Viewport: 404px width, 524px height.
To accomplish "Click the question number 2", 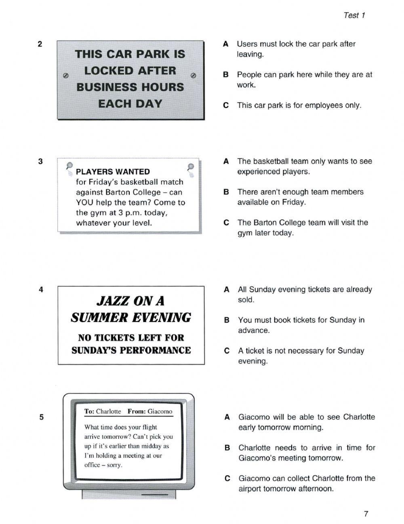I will [40, 44].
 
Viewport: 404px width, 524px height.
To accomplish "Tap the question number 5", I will [41, 417].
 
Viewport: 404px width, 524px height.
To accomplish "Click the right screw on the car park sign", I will [193, 76].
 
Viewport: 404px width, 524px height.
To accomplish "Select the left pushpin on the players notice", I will [69, 166].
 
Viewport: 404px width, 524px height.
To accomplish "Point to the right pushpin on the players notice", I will [191, 167].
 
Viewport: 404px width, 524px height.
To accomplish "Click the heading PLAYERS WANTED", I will [113, 172].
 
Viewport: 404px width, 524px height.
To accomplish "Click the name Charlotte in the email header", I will [108, 412].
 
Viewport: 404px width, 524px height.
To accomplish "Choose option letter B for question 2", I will [226, 75].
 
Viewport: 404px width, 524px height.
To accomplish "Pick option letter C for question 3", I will [226, 223].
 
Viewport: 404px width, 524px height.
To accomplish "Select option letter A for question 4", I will [227, 290].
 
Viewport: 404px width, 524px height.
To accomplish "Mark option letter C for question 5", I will [227, 478].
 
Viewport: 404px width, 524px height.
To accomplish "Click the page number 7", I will [366, 514].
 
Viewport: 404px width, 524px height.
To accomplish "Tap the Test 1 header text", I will [354, 15].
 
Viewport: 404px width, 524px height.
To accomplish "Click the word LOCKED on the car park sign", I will [130, 71].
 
